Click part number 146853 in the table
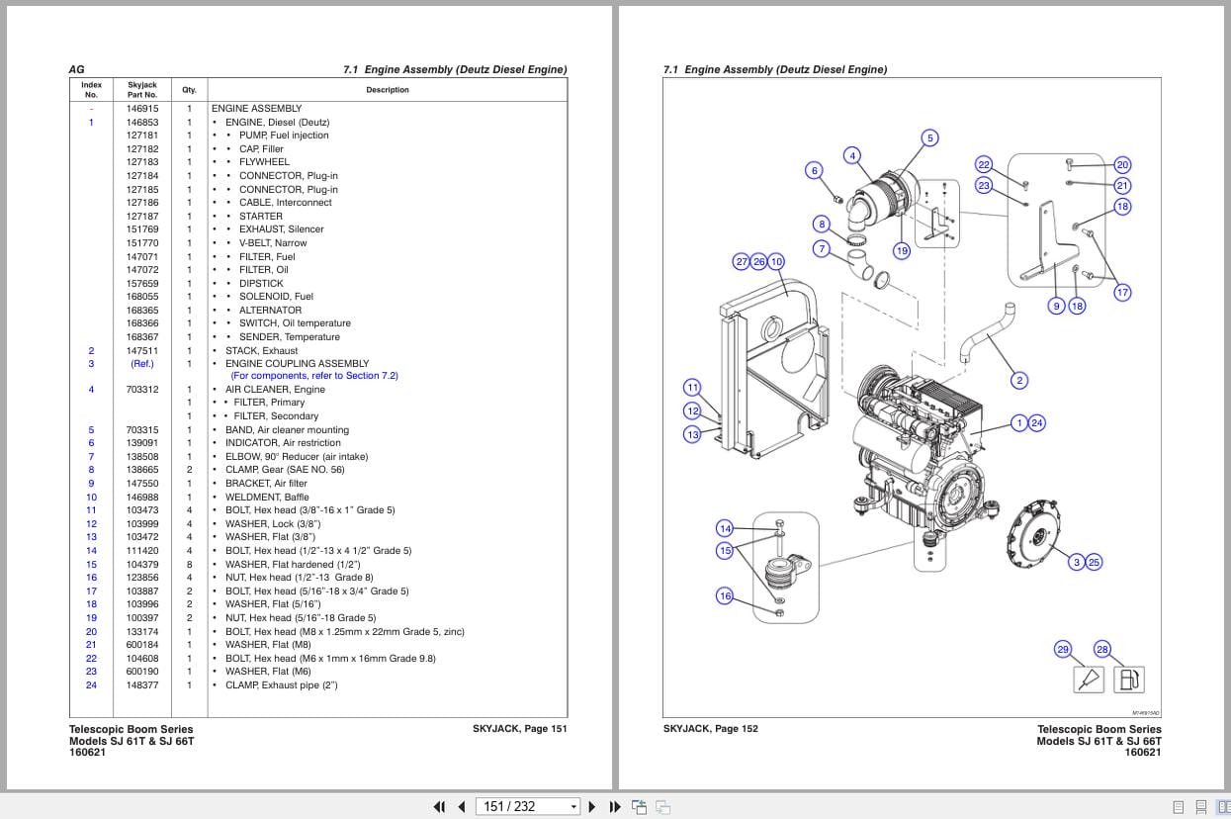(x=141, y=122)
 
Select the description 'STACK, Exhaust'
(x=261, y=350)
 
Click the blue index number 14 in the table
(x=91, y=551)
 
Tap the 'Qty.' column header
(x=189, y=90)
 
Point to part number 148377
(x=141, y=684)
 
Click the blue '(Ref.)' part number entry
(x=141, y=363)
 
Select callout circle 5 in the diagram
(x=929, y=137)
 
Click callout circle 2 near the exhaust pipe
(x=1019, y=380)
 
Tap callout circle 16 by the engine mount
(x=725, y=595)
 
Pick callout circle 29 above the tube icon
(x=1063, y=649)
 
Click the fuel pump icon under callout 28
(x=1128, y=680)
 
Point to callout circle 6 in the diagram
(x=815, y=170)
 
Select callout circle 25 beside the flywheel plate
(x=1093, y=562)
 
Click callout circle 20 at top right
(x=1122, y=164)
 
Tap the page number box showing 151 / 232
(x=527, y=806)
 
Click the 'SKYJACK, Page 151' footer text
(x=519, y=729)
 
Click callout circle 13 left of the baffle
(x=692, y=434)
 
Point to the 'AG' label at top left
(x=76, y=69)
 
